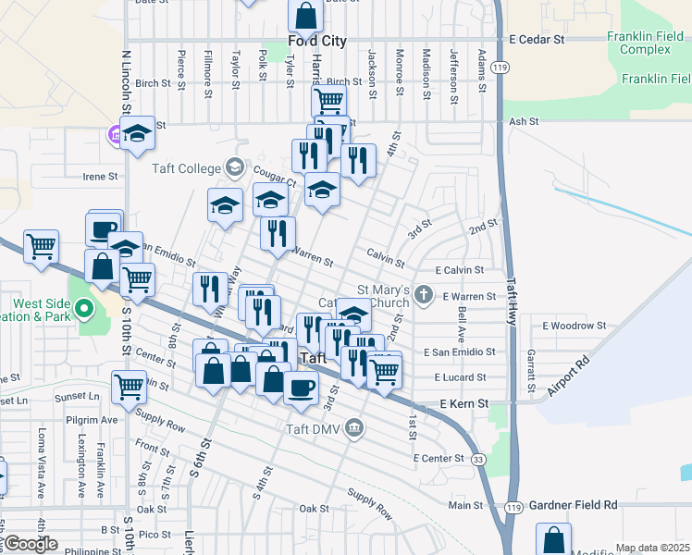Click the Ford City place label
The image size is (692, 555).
316,42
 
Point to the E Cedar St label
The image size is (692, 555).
537,40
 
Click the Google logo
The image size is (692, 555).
31,544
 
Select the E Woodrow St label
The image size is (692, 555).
574,326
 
